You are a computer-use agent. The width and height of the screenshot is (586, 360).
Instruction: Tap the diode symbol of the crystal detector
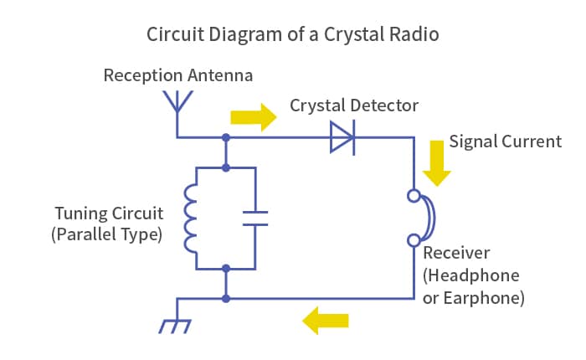click(342, 137)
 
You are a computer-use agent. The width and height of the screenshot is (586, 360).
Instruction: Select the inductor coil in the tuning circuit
click(190, 219)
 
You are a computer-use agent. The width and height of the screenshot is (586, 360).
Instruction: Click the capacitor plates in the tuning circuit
click(255, 219)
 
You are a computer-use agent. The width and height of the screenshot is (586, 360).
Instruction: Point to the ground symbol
click(175, 326)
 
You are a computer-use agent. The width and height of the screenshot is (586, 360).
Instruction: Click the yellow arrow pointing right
click(254, 117)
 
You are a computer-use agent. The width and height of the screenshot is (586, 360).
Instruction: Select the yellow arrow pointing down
click(436, 163)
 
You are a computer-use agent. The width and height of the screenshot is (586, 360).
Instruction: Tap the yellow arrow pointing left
click(325, 321)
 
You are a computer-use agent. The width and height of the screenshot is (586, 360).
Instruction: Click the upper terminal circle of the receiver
click(414, 196)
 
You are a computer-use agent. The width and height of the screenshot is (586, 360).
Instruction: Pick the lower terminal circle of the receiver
click(414, 240)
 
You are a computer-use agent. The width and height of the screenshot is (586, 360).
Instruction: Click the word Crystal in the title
click(354, 35)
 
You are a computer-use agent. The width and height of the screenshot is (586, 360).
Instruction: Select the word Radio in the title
click(414, 34)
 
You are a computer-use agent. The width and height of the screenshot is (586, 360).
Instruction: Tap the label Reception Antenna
click(178, 75)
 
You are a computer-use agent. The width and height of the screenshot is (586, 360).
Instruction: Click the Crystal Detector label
click(354, 105)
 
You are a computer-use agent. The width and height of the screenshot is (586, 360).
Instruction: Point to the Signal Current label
click(506, 141)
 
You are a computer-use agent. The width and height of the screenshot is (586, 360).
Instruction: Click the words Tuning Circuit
click(109, 213)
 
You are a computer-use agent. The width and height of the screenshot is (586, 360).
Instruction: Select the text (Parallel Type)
click(107, 234)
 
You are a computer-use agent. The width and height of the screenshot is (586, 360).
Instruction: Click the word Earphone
click(484, 298)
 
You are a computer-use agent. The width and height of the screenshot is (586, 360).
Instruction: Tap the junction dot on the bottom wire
click(226, 299)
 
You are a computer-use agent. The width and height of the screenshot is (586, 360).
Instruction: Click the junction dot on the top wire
click(226, 137)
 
